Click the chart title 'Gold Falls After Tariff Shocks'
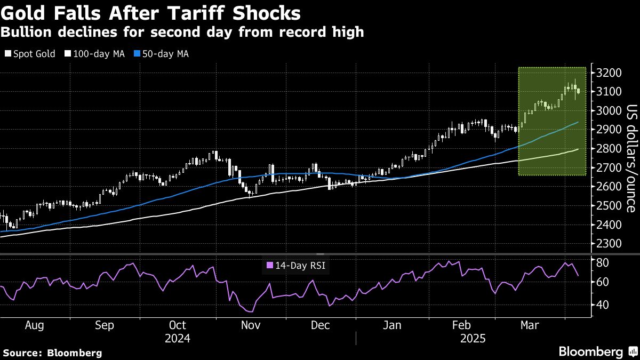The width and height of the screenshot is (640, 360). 150,13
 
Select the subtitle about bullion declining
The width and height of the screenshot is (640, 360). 182,33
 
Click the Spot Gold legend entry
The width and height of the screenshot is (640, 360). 30,54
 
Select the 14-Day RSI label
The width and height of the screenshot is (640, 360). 295,265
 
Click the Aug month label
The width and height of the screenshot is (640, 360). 35,325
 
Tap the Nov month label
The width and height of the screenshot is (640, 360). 250,325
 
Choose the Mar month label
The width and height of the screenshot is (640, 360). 530,325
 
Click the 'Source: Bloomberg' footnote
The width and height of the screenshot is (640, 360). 52,353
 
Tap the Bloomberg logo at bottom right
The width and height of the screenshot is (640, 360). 597,351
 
